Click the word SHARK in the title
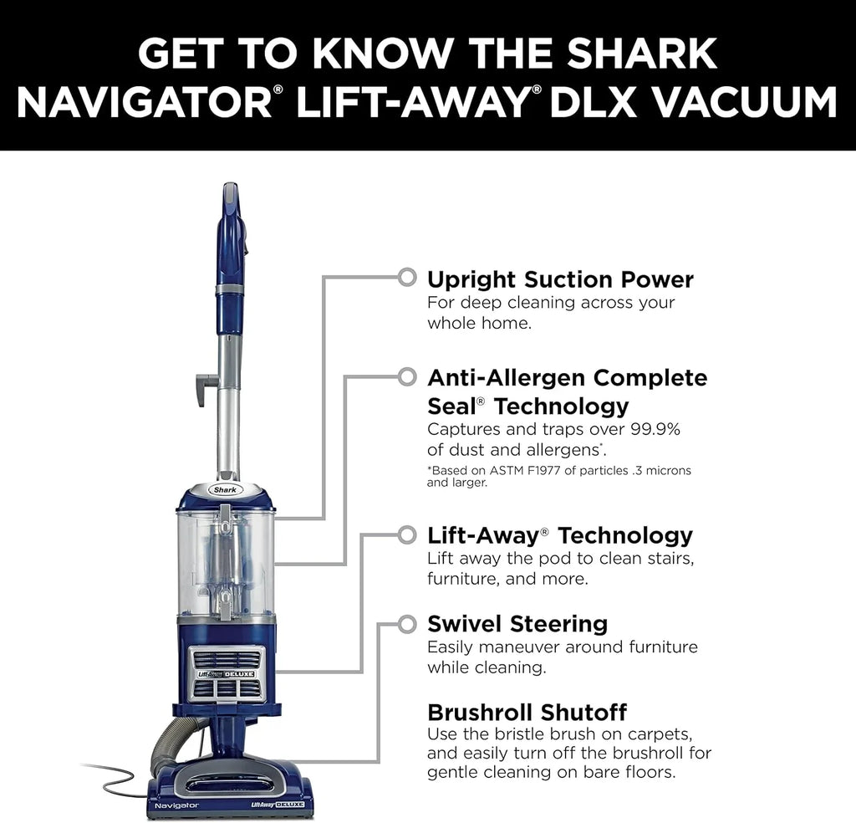642,54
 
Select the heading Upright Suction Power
560,279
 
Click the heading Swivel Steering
517,624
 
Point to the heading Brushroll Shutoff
527,713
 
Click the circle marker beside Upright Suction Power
407,276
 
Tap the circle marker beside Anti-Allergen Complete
407,376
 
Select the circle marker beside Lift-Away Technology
407,534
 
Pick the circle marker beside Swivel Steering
407,624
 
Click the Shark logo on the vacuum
226,489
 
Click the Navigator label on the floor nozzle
176,804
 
